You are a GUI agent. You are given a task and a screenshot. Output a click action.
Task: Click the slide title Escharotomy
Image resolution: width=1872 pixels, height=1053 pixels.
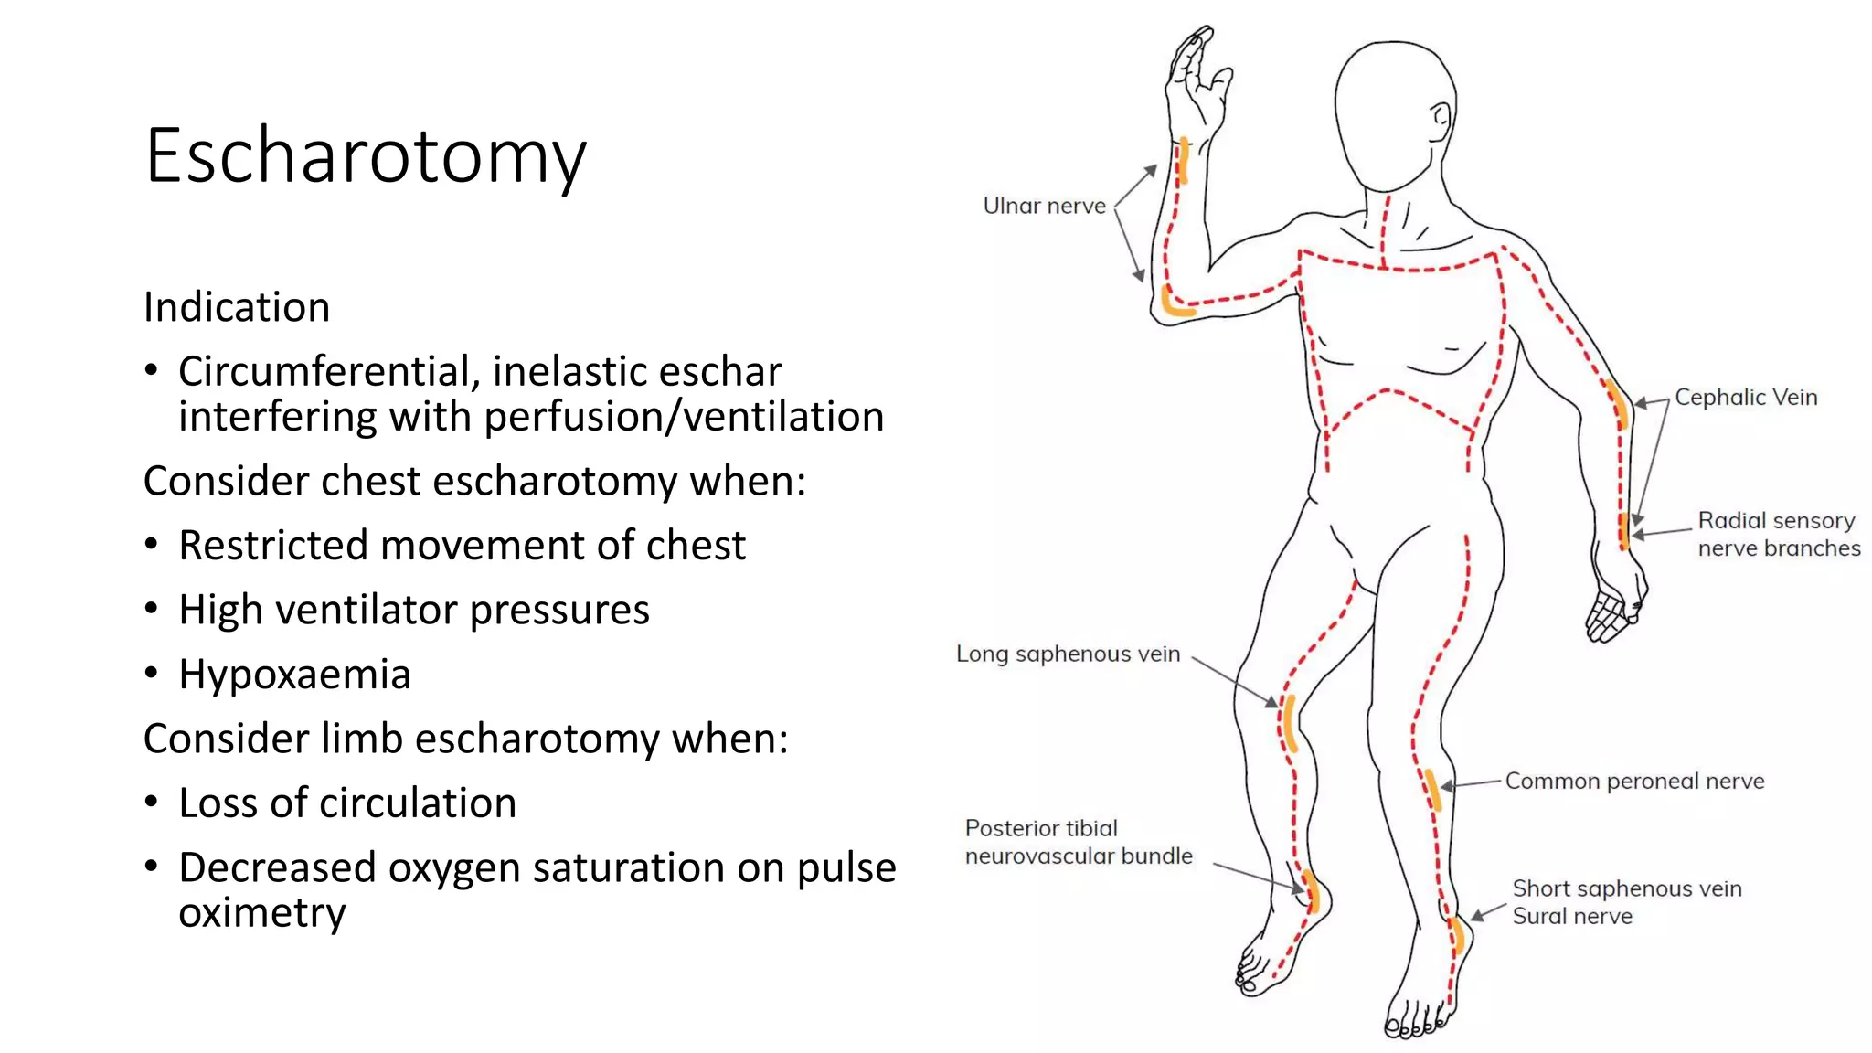click(x=366, y=156)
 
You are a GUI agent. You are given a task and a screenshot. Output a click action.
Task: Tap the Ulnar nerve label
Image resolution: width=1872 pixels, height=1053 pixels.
click(x=1044, y=206)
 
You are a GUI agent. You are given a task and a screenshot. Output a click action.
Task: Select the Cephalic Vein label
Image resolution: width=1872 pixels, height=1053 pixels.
click(x=1746, y=397)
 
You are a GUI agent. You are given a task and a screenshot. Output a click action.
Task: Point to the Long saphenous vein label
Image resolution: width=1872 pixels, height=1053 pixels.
click(x=1068, y=654)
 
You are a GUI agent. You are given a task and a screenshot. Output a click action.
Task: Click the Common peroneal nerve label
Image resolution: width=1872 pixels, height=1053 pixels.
click(x=1634, y=781)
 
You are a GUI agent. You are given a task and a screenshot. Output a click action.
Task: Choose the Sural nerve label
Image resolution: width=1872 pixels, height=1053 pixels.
click(x=1572, y=916)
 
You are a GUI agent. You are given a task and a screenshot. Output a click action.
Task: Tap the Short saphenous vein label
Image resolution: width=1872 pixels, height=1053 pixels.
click(x=1627, y=888)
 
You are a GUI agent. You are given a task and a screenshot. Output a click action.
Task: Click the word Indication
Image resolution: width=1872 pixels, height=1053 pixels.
click(x=237, y=307)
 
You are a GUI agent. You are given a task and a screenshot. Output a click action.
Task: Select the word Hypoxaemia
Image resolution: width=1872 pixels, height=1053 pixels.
click(x=294, y=675)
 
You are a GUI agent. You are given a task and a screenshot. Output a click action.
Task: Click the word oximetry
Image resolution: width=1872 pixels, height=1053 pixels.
click(x=262, y=912)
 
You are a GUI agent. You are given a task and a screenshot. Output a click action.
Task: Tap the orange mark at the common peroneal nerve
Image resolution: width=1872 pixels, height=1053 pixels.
click(x=1432, y=790)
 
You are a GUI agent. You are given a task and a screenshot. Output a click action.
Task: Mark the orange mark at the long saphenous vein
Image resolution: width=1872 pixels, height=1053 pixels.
click(x=1290, y=722)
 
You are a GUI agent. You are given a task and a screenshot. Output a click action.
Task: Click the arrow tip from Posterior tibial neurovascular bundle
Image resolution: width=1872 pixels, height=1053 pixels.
click(x=1302, y=888)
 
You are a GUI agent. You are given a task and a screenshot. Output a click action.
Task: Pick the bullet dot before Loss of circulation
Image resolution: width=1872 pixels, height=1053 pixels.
click(x=152, y=802)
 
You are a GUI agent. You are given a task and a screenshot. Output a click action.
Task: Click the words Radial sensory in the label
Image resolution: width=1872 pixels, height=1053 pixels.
click(x=1776, y=520)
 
